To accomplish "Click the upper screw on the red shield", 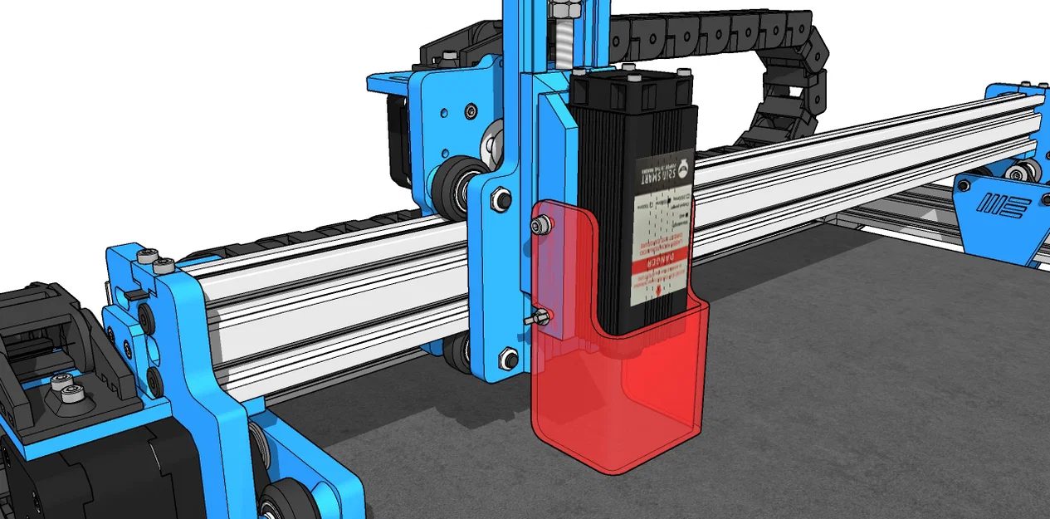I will click(x=542, y=224).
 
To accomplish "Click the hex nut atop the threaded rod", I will click(x=566, y=10).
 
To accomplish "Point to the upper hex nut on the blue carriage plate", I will click(x=502, y=198).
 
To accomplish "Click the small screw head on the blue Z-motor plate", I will click(x=471, y=110).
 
